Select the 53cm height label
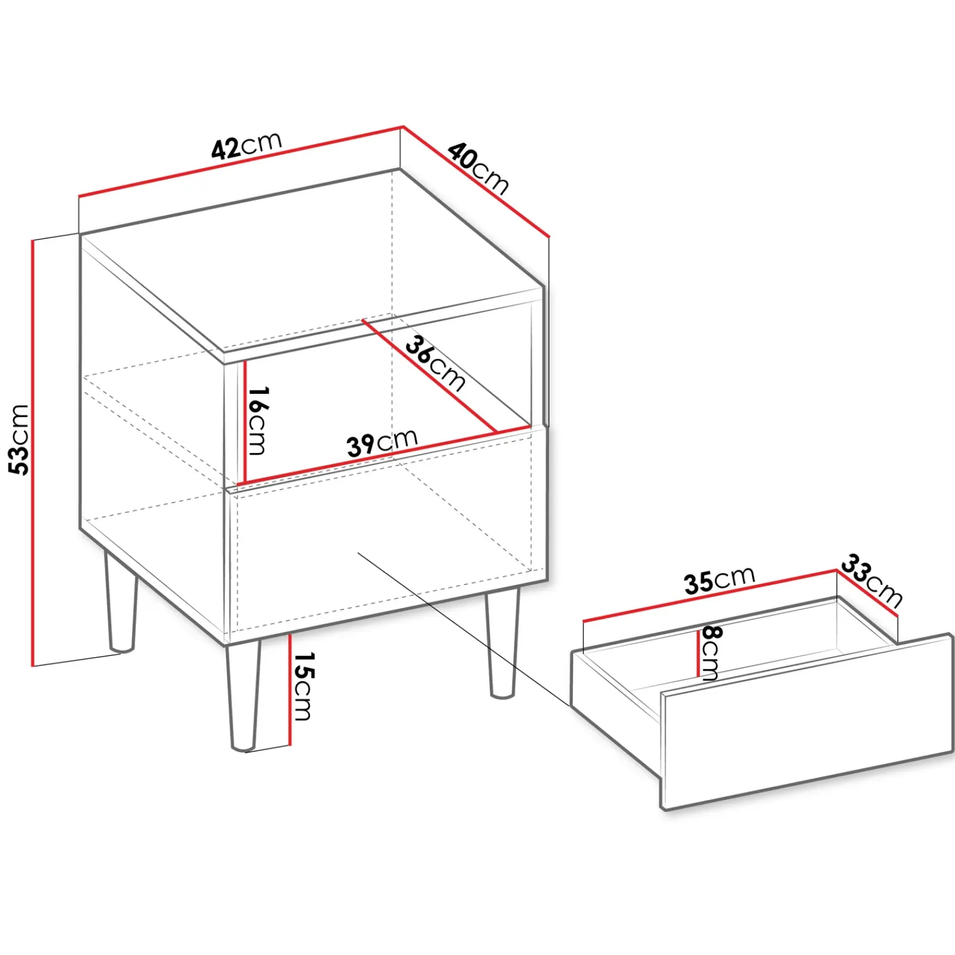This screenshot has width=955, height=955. pos(19,439)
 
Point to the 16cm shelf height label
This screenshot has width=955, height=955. pos(258,420)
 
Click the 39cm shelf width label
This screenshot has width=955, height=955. pos(382,443)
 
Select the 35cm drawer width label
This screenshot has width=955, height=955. pos(719,580)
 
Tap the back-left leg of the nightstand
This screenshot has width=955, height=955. pos(120,603)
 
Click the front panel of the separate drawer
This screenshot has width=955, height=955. pos(806,722)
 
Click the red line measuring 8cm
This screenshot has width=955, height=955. pos(698,654)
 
